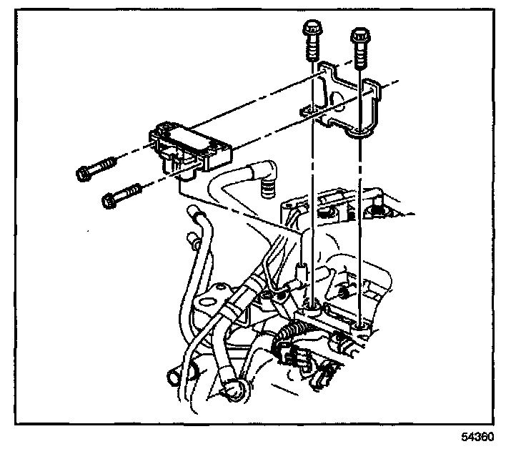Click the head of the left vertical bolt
[x=312, y=29]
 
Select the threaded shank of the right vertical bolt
[x=359, y=54]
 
